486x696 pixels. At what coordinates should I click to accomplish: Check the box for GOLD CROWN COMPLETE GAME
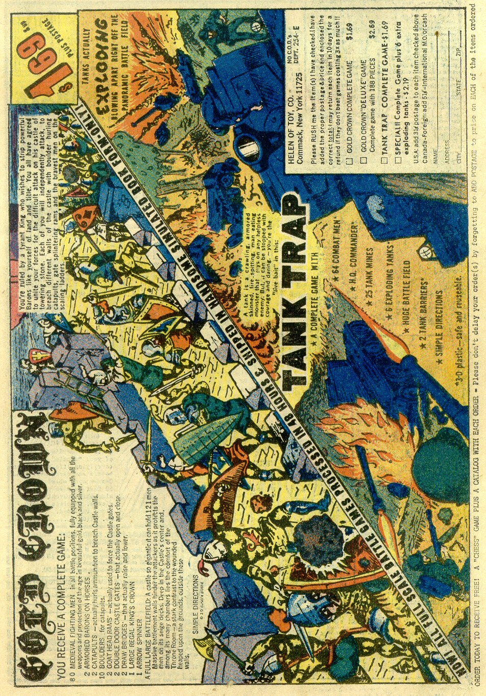pyautogui.click(x=349, y=161)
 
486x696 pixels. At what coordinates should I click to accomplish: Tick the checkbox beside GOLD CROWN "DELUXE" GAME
pyautogui.click(x=364, y=161)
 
